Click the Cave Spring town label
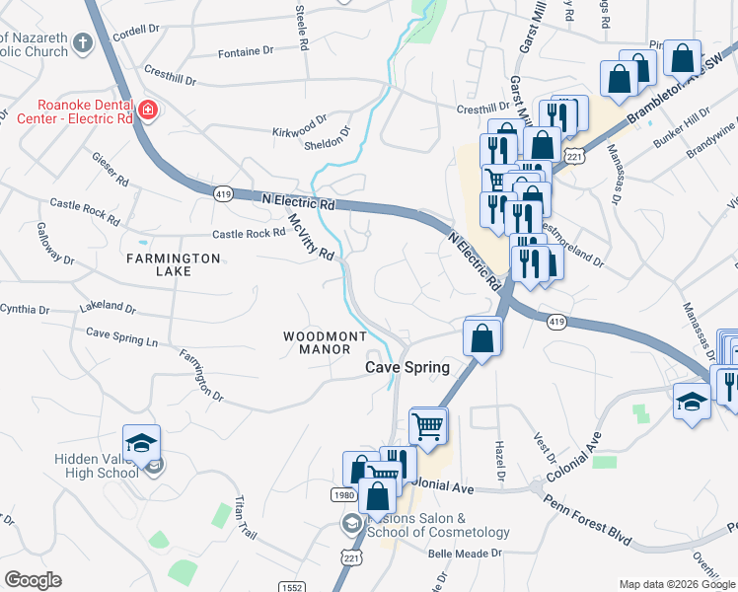tap(407, 367)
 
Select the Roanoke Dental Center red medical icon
tap(148, 110)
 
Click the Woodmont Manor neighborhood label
tap(318, 342)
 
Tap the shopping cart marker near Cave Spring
tap(427, 426)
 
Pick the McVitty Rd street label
tap(311, 238)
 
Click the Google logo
tap(33, 580)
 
